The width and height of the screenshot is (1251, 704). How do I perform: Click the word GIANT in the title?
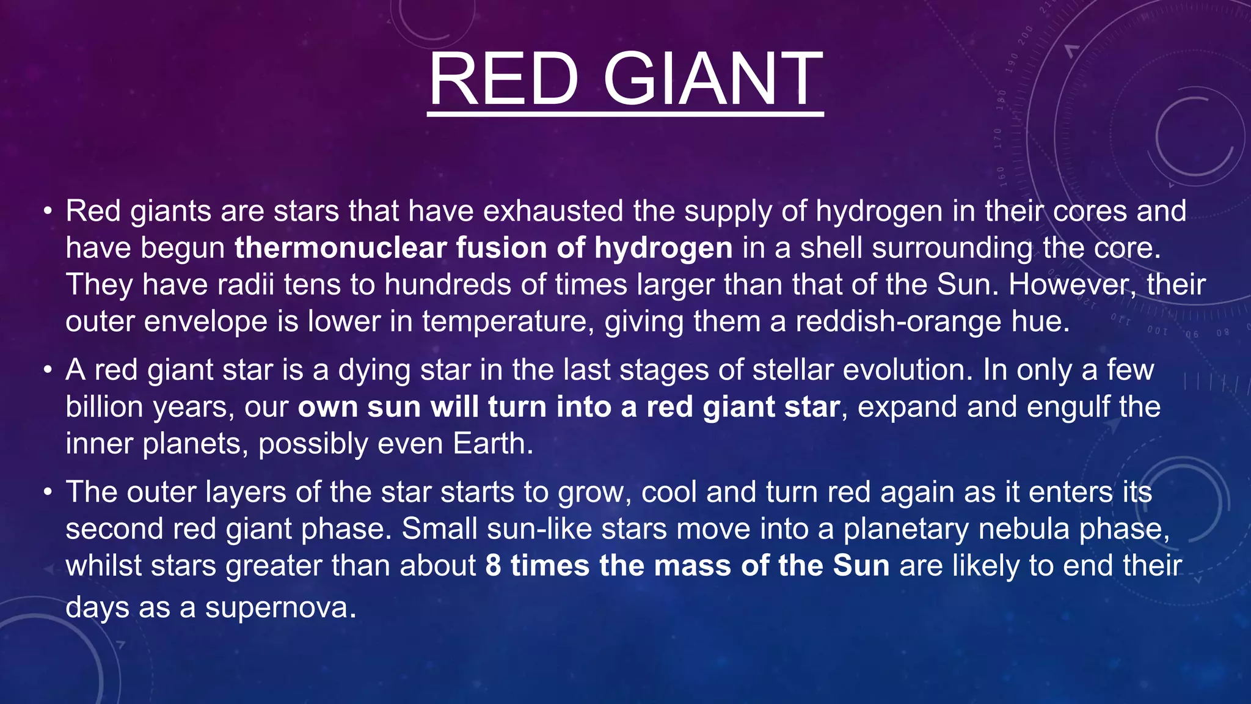[x=713, y=79]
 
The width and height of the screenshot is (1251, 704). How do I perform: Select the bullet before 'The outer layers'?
[x=48, y=493]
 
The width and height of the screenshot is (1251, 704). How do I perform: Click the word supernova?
[x=280, y=607]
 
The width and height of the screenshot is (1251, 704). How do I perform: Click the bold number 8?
[x=494, y=565]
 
